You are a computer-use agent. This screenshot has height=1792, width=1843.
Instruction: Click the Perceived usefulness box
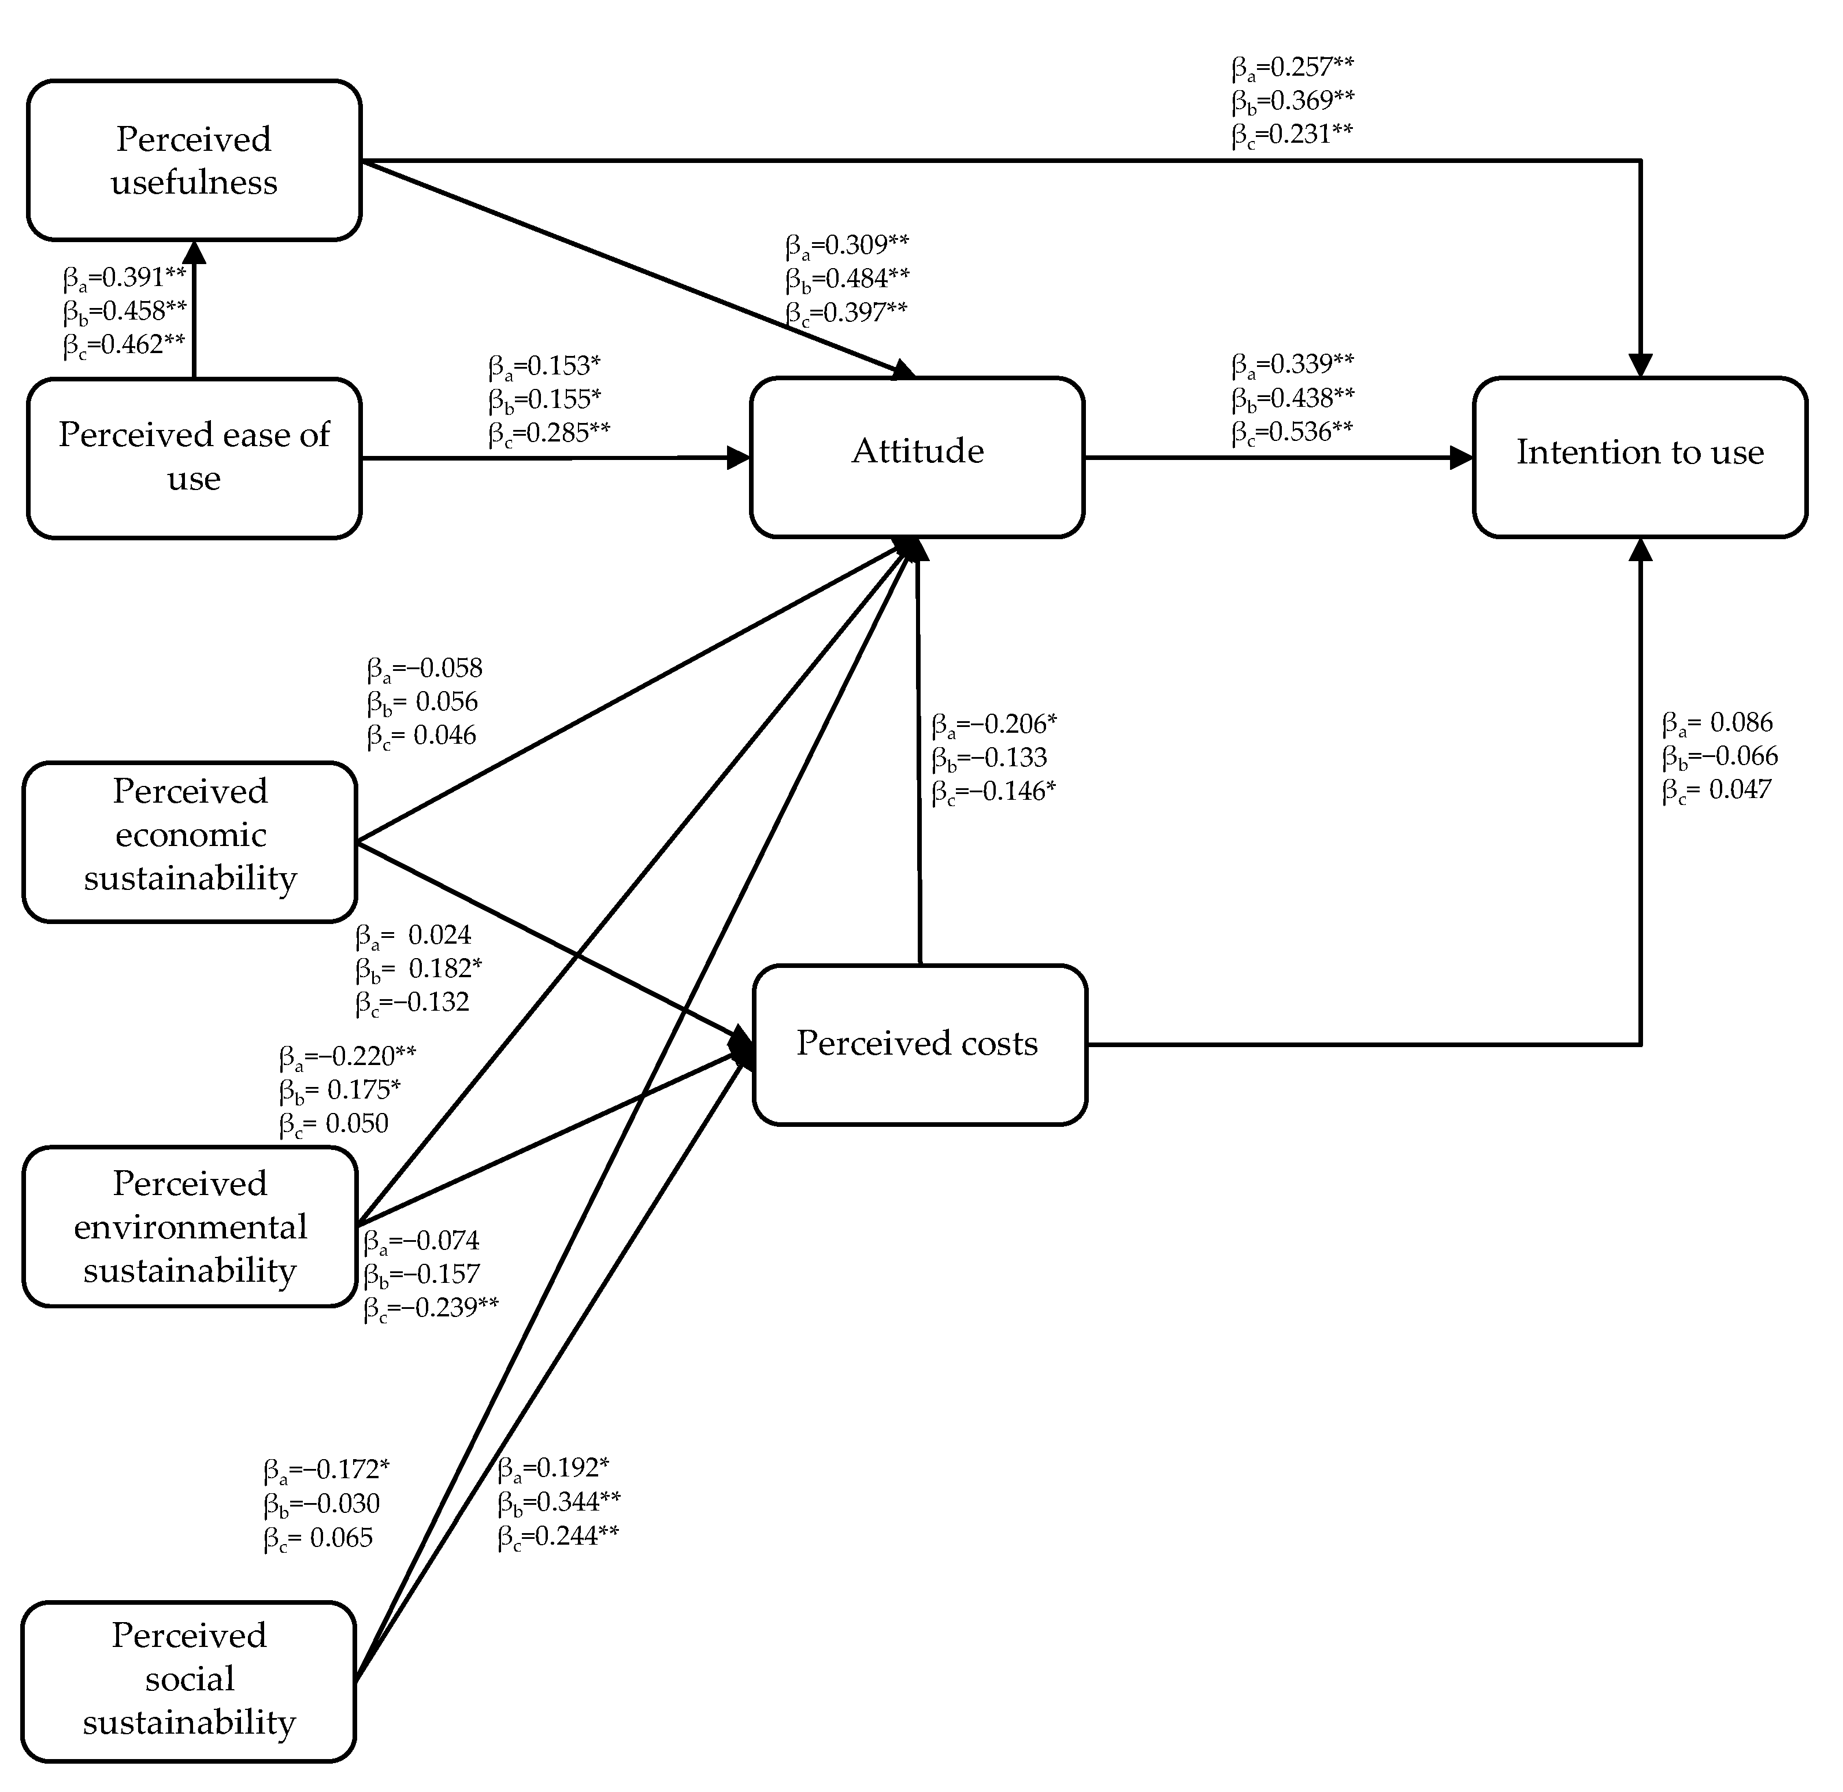(194, 160)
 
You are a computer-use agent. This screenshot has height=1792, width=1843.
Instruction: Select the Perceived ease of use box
(194, 458)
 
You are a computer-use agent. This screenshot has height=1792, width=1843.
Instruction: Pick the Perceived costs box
(919, 1045)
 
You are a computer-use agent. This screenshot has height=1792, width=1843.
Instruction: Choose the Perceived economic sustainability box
(190, 841)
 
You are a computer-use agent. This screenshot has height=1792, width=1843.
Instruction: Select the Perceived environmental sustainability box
(190, 1226)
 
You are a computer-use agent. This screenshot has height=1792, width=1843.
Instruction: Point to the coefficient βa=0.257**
(1292, 68)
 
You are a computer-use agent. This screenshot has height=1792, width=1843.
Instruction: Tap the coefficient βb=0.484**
(847, 279)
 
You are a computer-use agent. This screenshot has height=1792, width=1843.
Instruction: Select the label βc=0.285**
(549, 433)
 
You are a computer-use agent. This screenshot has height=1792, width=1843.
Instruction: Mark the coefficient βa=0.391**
(124, 277)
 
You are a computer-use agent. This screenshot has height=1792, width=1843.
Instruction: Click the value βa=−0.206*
(994, 725)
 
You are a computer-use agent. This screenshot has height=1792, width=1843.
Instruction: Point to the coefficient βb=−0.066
(1720, 756)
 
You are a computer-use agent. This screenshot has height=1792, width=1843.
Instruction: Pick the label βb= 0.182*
(419, 969)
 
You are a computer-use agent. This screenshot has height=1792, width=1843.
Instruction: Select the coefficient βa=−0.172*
(327, 1469)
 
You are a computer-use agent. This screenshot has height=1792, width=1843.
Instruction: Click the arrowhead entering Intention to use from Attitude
(1462, 458)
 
